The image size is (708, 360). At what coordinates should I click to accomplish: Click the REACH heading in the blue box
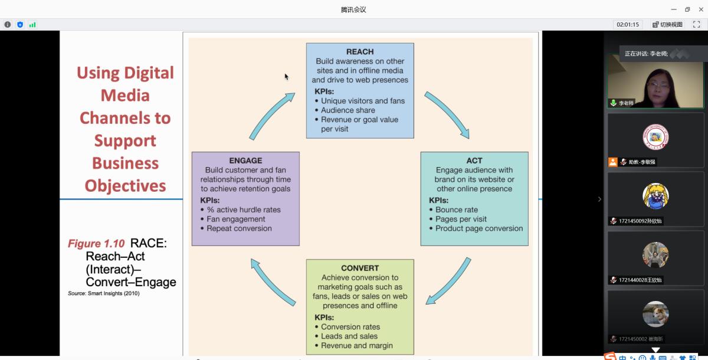pos(360,51)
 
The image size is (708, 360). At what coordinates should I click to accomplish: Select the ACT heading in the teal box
pos(474,161)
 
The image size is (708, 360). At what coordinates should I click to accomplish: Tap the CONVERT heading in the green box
pos(360,268)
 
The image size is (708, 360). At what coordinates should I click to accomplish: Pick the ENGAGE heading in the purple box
pos(245,161)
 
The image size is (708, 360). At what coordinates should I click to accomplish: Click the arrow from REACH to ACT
pos(447,114)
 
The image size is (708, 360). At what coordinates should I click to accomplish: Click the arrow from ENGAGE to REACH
pos(271,115)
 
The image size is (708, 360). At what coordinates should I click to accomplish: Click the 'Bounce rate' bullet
pos(457,210)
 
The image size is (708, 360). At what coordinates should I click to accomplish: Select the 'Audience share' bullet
pos(348,110)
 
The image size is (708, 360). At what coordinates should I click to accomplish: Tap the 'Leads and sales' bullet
pos(349,336)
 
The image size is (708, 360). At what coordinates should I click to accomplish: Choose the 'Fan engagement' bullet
pos(236,219)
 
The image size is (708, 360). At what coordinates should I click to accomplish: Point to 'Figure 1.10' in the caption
pos(96,243)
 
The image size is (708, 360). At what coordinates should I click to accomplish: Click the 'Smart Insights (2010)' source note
pos(113,293)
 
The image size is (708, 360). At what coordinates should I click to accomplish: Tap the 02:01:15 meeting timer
pos(628,25)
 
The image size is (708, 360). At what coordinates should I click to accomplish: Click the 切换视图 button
pos(668,25)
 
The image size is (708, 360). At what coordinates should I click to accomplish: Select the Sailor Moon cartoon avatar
pos(655,196)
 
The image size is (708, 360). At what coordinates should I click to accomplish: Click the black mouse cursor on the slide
pos(287,77)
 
